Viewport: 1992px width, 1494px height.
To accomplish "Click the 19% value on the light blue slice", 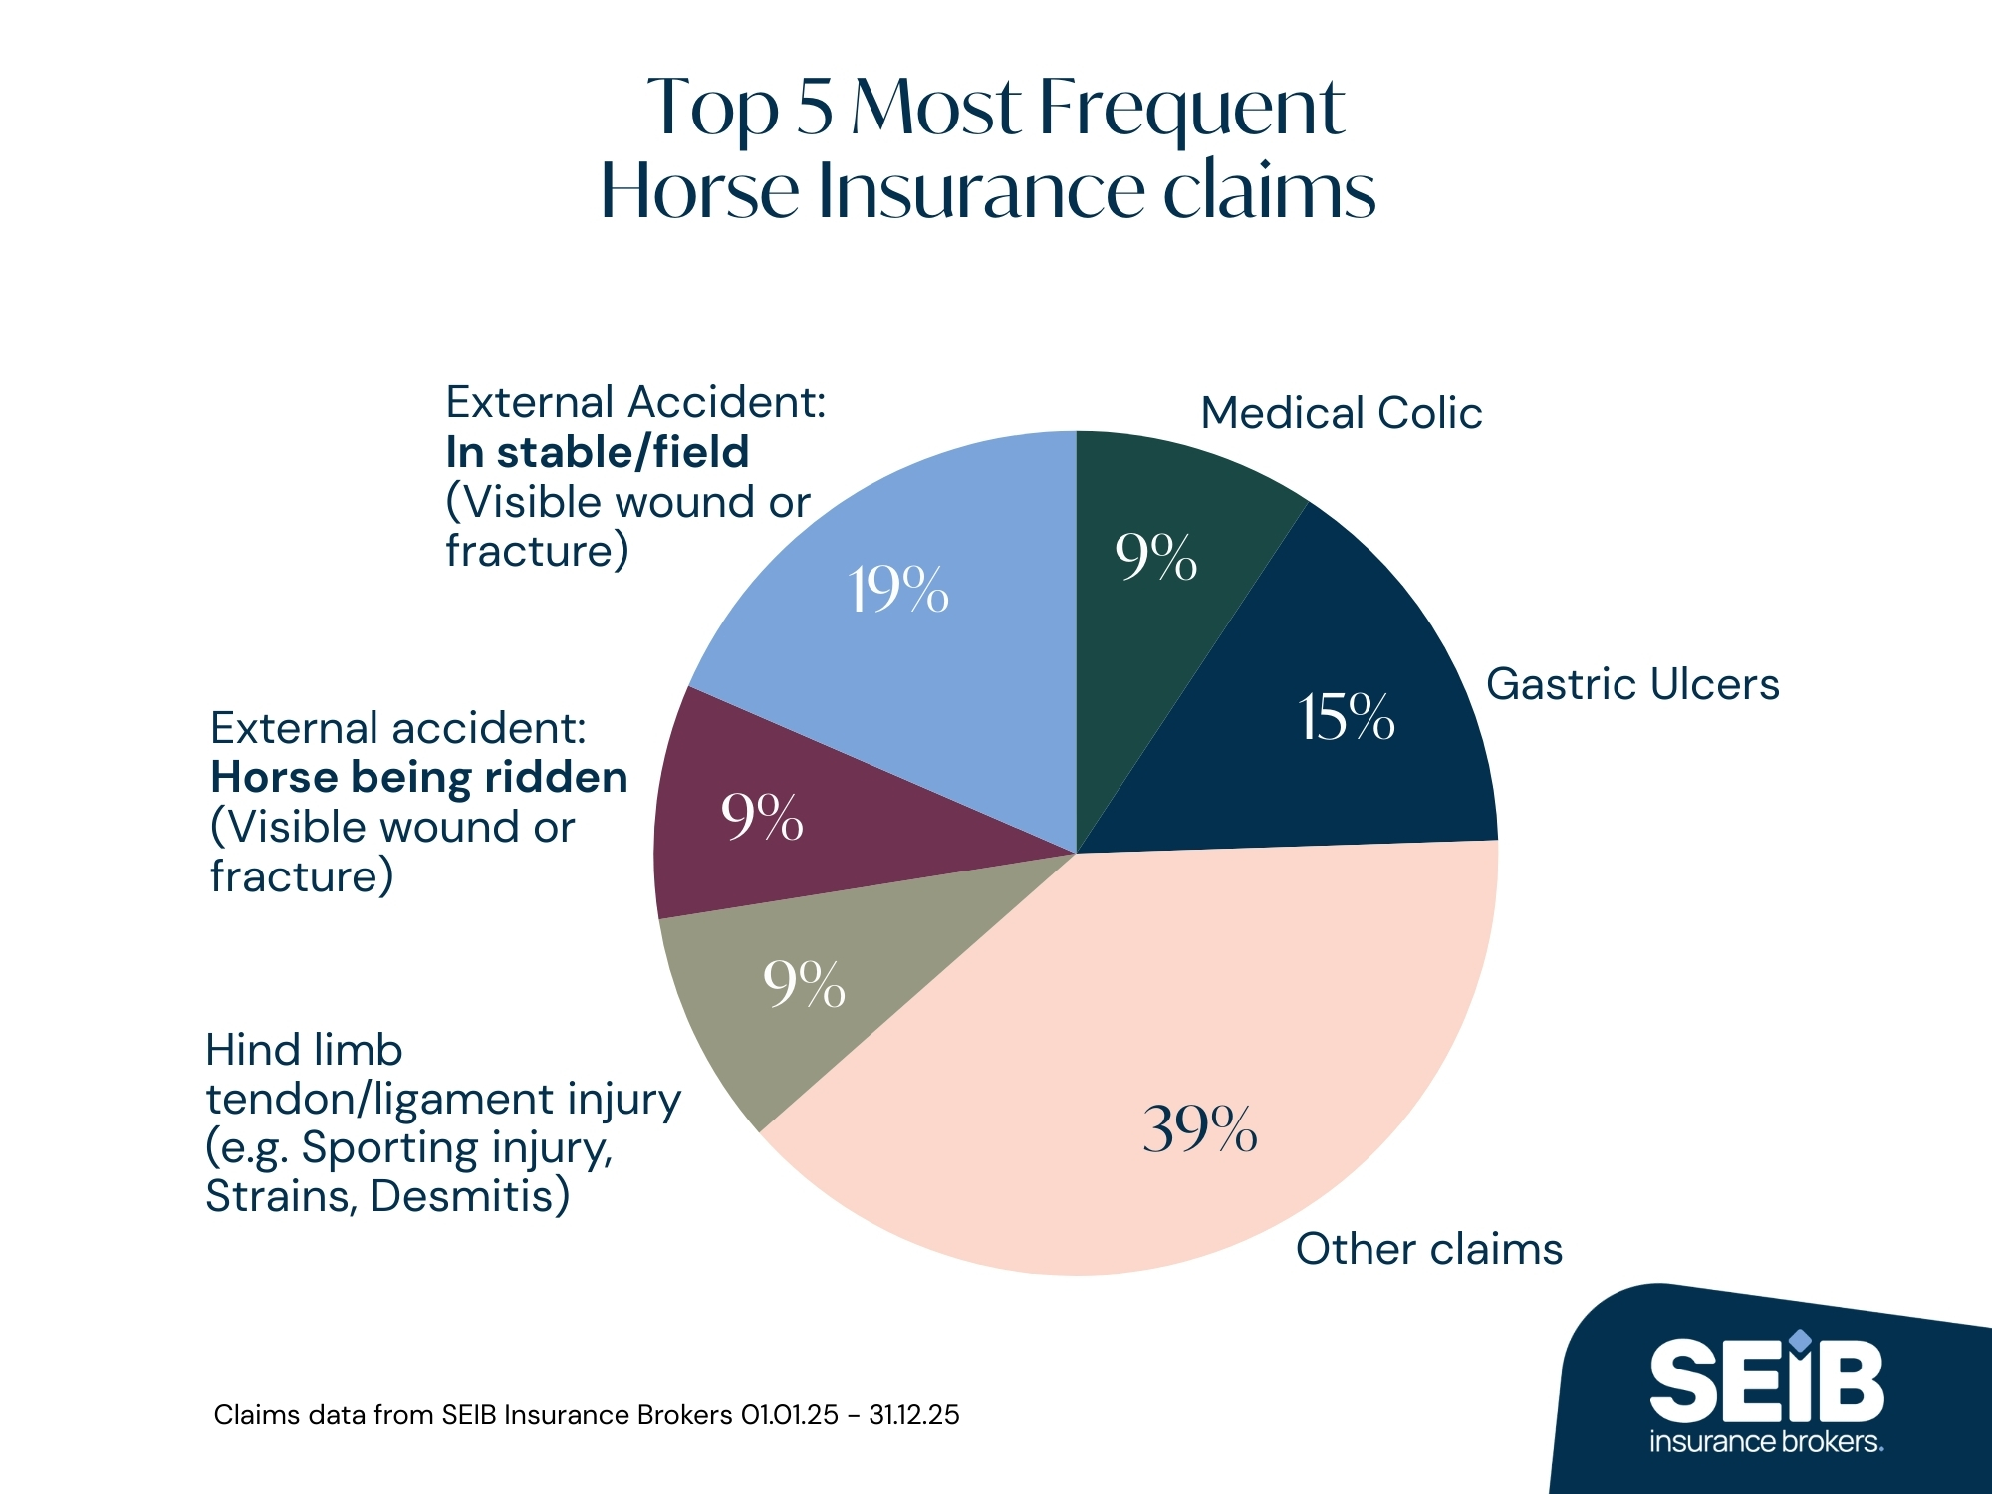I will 898,590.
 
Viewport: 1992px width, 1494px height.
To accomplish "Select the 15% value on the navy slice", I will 1346,717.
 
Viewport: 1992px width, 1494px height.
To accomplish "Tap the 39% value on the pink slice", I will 1200,1129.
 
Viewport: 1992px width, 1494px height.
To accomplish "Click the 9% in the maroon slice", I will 762,818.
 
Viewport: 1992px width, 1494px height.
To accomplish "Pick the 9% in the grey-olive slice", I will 804,984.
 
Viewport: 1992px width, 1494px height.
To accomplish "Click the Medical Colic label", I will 1341,413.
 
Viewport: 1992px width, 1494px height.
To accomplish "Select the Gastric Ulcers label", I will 1632,684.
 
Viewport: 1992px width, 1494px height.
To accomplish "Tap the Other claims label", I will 1428,1249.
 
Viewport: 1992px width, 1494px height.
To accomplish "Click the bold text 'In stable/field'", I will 597,452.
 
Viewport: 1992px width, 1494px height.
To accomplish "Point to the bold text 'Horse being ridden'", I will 419,777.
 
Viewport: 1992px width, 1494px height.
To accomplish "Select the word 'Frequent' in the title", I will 1192,108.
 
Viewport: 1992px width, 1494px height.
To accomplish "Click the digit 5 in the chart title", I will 814,108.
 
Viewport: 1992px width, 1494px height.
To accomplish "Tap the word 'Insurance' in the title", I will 981,191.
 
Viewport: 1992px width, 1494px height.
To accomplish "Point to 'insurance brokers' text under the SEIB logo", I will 1766,1441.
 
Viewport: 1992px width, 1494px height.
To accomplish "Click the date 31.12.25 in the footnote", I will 913,1415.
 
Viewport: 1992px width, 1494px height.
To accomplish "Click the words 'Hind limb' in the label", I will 304,1050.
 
